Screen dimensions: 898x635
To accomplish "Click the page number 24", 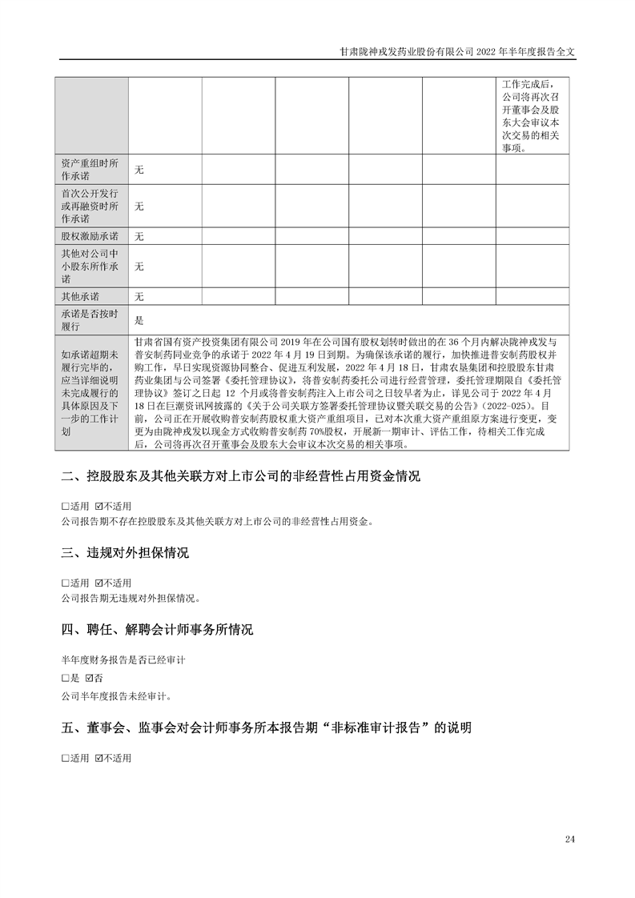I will tap(569, 839).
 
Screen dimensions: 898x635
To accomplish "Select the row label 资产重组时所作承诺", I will tap(90, 170).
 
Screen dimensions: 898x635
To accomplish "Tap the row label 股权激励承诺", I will tap(90, 236).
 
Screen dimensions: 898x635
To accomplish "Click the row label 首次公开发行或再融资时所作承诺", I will tap(90, 206).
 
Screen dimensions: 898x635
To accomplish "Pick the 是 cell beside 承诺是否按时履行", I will tap(139, 320).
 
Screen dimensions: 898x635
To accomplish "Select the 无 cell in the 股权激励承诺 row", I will tap(139, 236).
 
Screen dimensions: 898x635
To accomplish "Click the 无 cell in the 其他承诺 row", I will tap(139, 297).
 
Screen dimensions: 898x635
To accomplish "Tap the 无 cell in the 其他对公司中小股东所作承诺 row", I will tap(139, 267).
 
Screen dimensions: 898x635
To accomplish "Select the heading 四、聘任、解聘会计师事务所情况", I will tap(157, 630).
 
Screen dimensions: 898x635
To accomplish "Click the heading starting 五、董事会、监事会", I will tap(266, 728).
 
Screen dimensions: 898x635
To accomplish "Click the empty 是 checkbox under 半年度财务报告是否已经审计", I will tap(66, 677).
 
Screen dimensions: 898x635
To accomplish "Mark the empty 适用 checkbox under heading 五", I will tap(66, 757).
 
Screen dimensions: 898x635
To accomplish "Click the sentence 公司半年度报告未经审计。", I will tap(116, 696).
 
